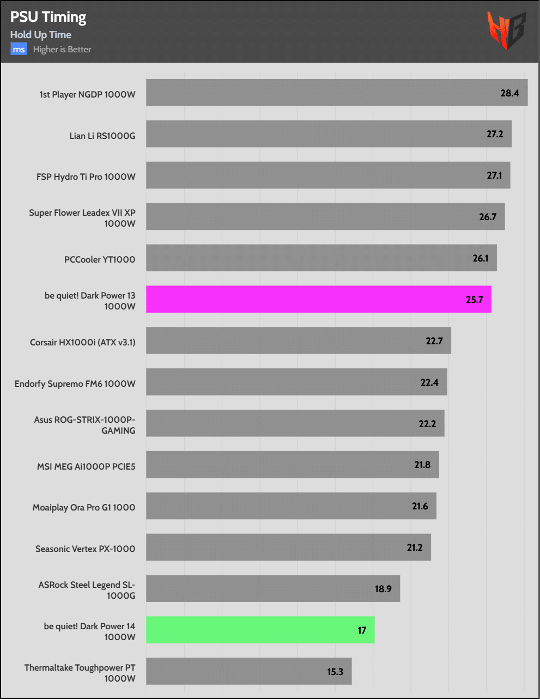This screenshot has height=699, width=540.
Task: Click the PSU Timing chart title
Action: coord(48,17)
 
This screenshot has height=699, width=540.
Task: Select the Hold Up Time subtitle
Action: coord(41,35)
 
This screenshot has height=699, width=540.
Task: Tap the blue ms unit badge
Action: coord(19,50)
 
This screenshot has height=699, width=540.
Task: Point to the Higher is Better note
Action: coord(62,50)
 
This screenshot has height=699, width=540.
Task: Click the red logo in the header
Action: coord(506,30)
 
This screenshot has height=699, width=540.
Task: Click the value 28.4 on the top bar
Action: coord(509,93)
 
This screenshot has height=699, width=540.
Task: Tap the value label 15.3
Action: coord(335,672)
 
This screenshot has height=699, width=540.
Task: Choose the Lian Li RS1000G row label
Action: coord(102,136)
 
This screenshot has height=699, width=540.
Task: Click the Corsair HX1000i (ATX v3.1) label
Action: coord(82,342)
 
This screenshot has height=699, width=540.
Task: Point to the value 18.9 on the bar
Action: coord(383,589)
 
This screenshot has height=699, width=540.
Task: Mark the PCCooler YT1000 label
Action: coord(100,259)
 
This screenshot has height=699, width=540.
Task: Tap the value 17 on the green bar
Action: coord(362,630)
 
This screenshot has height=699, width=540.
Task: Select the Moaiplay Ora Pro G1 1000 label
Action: coord(83,507)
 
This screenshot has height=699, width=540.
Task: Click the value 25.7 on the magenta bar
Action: coord(474,300)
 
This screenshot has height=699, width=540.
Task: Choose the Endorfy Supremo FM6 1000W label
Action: coord(75,384)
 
